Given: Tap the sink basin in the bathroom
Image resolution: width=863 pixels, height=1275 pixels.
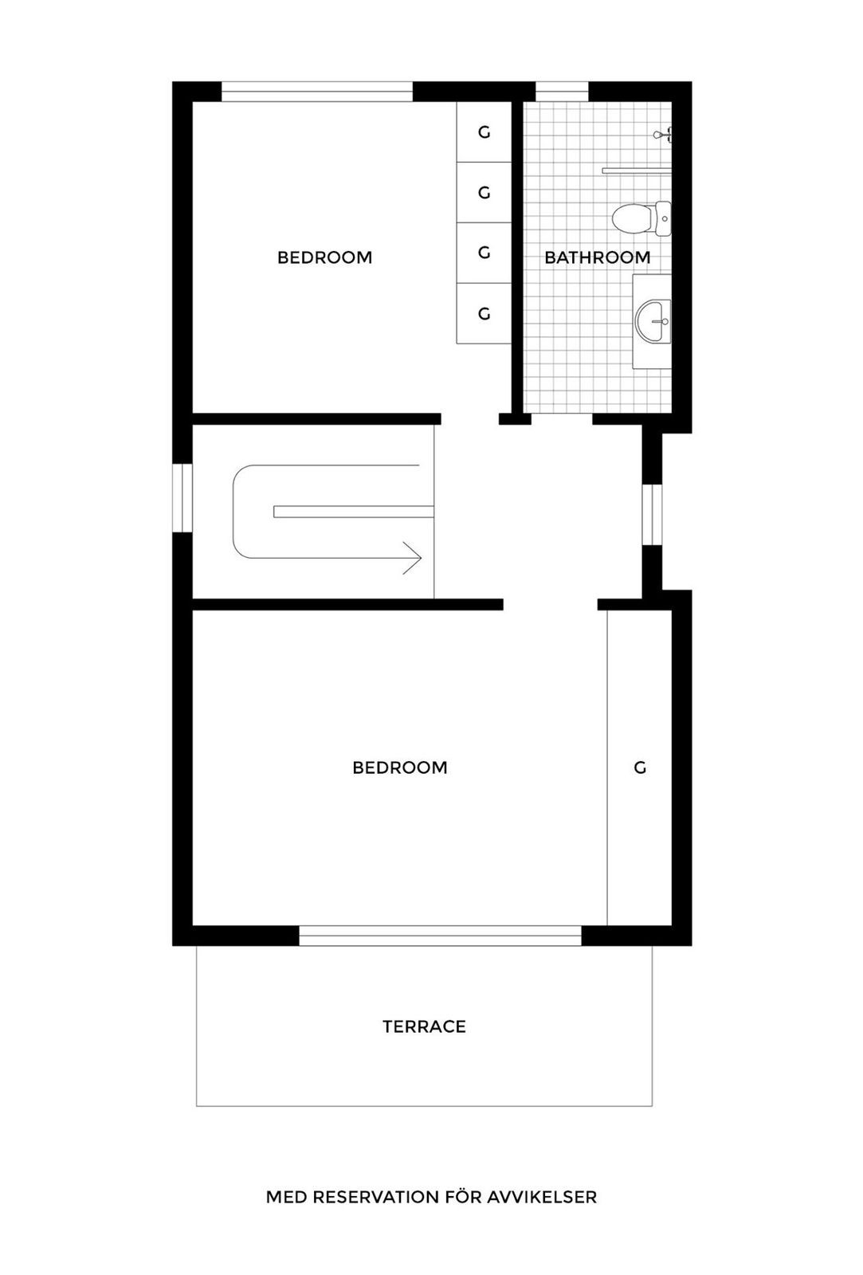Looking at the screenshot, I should pyautogui.click(x=653, y=322).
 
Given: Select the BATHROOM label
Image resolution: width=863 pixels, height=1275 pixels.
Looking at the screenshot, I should pyautogui.click(x=597, y=257).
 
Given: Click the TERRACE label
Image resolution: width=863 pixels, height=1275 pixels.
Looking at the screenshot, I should pyautogui.click(x=424, y=1026).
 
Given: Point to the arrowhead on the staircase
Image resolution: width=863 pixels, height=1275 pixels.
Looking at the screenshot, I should pyautogui.click(x=413, y=558).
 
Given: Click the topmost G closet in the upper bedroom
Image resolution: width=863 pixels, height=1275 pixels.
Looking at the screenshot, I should pyautogui.click(x=484, y=132).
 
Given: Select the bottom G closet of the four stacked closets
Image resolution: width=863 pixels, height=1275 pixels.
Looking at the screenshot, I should pyautogui.click(x=484, y=314).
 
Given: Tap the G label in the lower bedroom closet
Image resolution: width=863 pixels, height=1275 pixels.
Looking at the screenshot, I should pyautogui.click(x=639, y=767).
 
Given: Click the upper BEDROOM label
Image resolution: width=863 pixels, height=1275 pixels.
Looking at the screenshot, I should pyautogui.click(x=324, y=257).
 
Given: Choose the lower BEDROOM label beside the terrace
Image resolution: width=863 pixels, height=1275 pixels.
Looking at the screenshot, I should pyautogui.click(x=399, y=767).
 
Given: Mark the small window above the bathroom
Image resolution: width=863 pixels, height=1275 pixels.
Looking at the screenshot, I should pyautogui.click(x=561, y=92).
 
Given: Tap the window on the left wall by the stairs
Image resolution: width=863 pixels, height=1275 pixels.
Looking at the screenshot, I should pyautogui.click(x=182, y=498).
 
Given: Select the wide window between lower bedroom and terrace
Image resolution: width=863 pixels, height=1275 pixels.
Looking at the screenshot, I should pyautogui.click(x=440, y=936).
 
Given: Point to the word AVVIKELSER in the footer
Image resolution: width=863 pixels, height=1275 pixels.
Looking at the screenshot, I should pyautogui.click(x=549, y=1197).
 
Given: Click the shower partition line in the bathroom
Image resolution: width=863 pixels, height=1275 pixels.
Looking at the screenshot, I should pyautogui.click(x=636, y=170).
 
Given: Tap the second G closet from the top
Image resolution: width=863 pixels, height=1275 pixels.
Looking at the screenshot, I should pyautogui.click(x=484, y=193).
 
